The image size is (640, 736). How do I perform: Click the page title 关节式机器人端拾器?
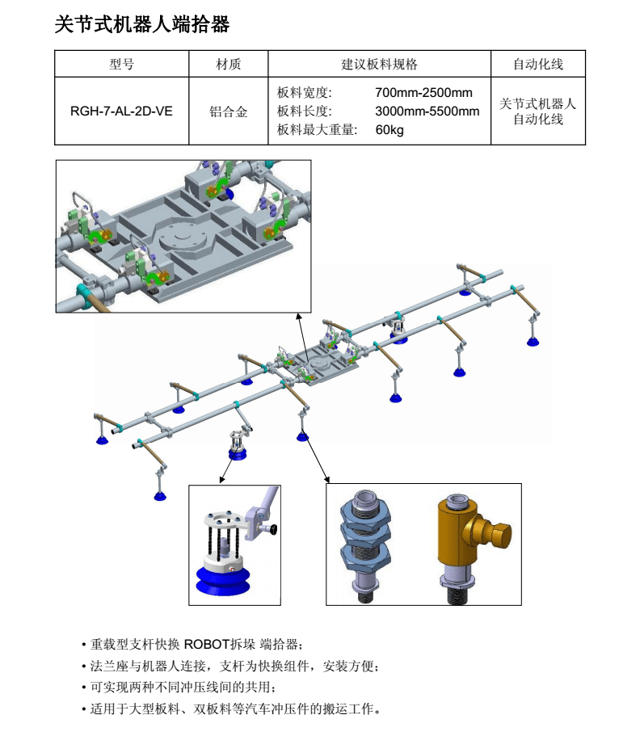(x=141, y=25)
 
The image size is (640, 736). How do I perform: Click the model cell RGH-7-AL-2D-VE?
(x=121, y=111)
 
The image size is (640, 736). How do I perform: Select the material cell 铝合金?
(x=228, y=111)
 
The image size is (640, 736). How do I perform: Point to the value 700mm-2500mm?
(x=423, y=93)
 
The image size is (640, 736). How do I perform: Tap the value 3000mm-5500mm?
(x=427, y=111)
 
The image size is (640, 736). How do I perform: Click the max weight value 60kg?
(x=389, y=129)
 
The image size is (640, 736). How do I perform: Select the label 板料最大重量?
(x=317, y=129)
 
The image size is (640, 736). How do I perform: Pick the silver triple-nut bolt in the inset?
(x=368, y=544)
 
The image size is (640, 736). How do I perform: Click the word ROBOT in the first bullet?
(x=209, y=645)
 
